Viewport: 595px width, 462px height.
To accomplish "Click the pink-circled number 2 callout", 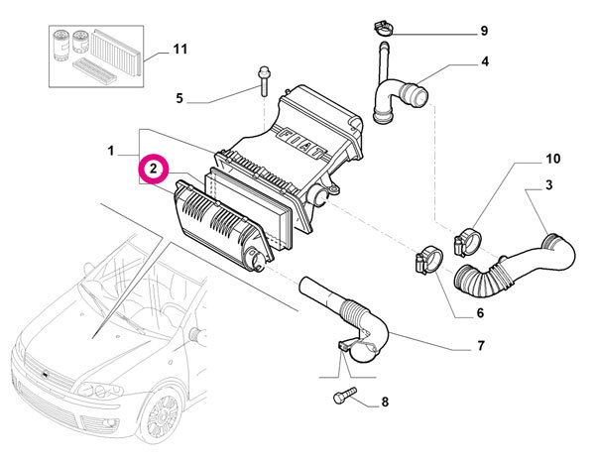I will click(x=154, y=171).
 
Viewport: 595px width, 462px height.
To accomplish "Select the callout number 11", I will click(x=179, y=48).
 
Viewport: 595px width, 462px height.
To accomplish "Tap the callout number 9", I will click(x=483, y=31).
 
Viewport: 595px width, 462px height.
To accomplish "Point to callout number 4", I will click(x=484, y=62).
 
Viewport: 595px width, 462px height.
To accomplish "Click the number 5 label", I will click(x=179, y=98).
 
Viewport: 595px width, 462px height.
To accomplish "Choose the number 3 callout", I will click(x=548, y=185).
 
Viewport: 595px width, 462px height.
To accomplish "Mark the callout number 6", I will click(x=479, y=313).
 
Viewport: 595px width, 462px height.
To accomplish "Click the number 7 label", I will click(x=479, y=346).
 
